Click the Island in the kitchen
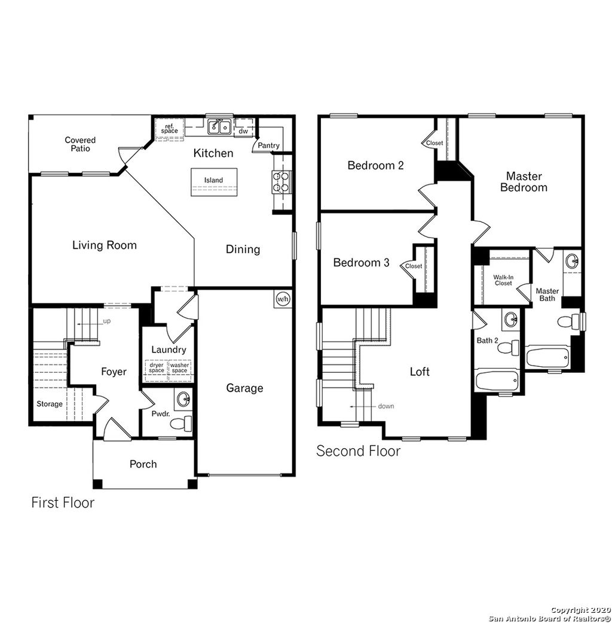(x=213, y=182)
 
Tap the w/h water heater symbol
(x=283, y=299)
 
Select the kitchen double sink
(x=219, y=126)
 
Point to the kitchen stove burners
(x=282, y=181)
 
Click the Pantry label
(x=268, y=145)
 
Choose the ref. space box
(x=169, y=129)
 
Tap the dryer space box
(x=157, y=367)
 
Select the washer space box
(x=180, y=367)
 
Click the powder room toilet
(x=180, y=424)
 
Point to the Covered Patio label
(x=80, y=144)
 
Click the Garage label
(x=244, y=388)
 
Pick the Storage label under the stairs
(x=49, y=404)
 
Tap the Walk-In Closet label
(x=503, y=279)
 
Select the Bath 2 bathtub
(x=497, y=379)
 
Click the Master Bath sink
(x=571, y=261)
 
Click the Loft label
(x=420, y=372)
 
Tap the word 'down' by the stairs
(x=385, y=406)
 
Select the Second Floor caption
(x=358, y=451)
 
